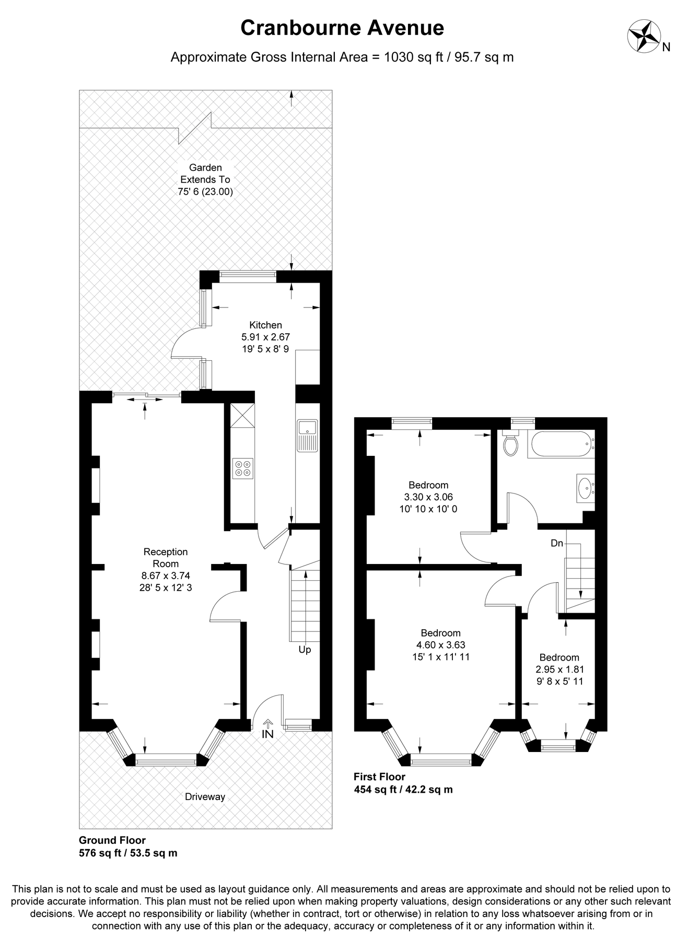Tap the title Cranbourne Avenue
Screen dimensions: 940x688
point(342,28)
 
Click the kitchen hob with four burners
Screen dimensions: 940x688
point(242,468)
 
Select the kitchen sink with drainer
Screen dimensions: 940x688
point(307,435)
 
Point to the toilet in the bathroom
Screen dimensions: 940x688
point(510,443)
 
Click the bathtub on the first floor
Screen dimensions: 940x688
point(561,444)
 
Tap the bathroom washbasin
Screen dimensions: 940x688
point(585,488)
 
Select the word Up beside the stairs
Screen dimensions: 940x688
point(305,650)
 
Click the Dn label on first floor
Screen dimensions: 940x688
point(557,543)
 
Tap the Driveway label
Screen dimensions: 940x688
point(205,797)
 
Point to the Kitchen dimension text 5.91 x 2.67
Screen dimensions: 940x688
point(265,337)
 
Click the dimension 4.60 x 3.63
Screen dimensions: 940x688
point(440,645)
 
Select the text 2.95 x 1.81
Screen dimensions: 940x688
point(559,669)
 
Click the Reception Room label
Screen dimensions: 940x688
point(166,558)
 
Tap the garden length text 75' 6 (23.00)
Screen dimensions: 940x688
point(205,192)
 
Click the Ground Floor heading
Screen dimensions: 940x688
point(112,840)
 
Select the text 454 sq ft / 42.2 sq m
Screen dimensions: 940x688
point(403,790)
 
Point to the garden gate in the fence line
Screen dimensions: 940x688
point(195,127)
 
